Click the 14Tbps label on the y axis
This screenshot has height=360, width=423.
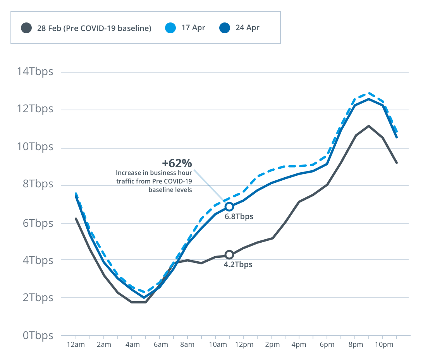(34, 72)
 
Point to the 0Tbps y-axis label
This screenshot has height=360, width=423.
(38, 335)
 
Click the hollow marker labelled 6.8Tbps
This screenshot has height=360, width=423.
(229, 206)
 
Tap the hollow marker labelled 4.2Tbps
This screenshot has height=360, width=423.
(229, 254)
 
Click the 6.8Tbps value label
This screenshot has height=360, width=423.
(239, 216)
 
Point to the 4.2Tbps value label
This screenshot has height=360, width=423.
(238, 265)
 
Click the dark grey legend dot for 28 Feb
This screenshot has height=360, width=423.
(26, 28)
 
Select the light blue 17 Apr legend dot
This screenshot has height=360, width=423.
(170, 28)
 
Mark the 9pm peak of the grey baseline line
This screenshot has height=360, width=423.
(368, 126)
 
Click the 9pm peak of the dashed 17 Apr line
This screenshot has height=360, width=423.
(368, 93)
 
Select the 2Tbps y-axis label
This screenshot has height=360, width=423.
(38, 298)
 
